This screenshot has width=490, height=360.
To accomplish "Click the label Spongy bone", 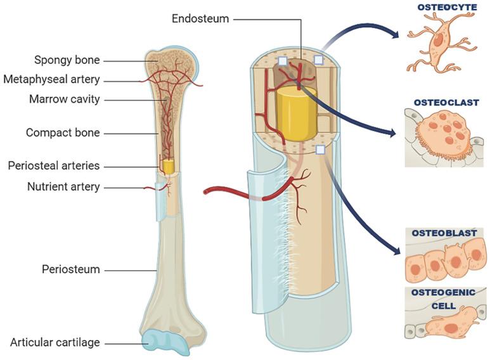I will (x=67, y=60).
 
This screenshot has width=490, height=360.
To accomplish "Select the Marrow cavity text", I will (x=65, y=100).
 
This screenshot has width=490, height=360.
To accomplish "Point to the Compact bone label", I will (x=63, y=133).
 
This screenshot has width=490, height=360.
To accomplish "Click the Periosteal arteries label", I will (x=54, y=166).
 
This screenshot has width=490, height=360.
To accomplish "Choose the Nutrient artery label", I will (x=63, y=187).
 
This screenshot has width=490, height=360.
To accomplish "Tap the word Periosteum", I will (x=71, y=269).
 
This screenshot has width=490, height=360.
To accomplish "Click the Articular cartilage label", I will (x=55, y=343).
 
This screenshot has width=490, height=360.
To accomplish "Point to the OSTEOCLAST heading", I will (x=446, y=102).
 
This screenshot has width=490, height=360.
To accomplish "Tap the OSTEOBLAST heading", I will (x=444, y=233).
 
